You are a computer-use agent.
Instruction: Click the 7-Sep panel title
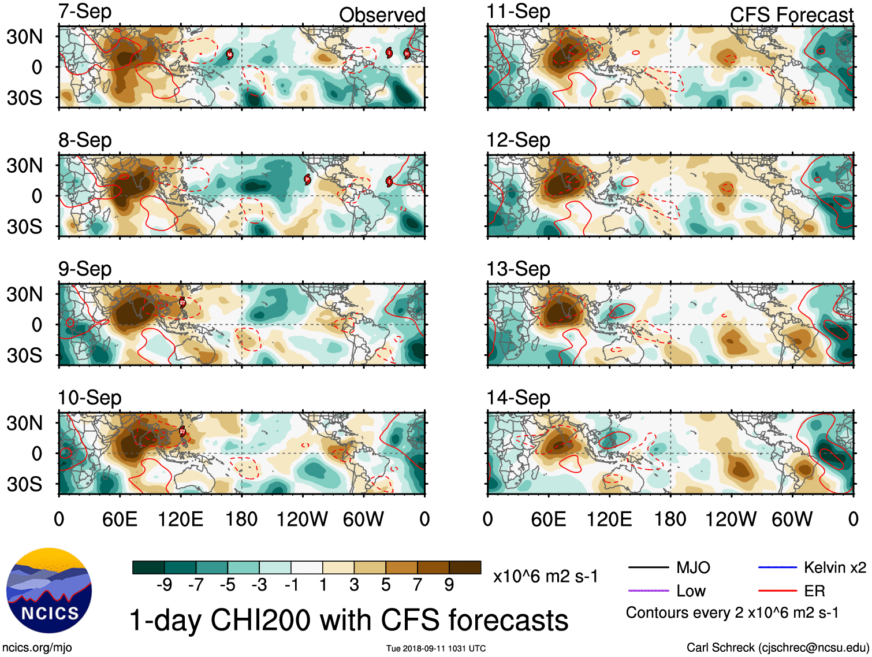click(x=84, y=12)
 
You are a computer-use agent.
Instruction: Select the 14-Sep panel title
click(x=518, y=398)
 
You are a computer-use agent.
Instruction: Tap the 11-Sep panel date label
click(x=518, y=12)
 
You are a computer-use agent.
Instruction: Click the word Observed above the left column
click(x=382, y=15)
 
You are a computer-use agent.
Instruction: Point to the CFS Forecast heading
click(x=791, y=15)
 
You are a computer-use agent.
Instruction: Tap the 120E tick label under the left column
click(x=180, y=519)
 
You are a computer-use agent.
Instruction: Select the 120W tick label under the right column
click(x=731, y=519)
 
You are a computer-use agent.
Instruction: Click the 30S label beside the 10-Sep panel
click(x=25, y=484)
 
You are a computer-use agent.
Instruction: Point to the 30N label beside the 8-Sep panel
click(x=25, y=166)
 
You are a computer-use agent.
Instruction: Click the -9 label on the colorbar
click(x=164, y=585)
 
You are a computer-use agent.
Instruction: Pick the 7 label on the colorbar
click(x=418, y=585)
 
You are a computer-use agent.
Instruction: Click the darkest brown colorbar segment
click(x=465, y=567)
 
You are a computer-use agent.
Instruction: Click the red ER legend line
click(x=777, y=591)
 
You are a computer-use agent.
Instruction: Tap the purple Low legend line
click(x=649, y=591)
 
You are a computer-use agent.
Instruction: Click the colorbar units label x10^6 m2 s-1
click(x=545, y=576)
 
